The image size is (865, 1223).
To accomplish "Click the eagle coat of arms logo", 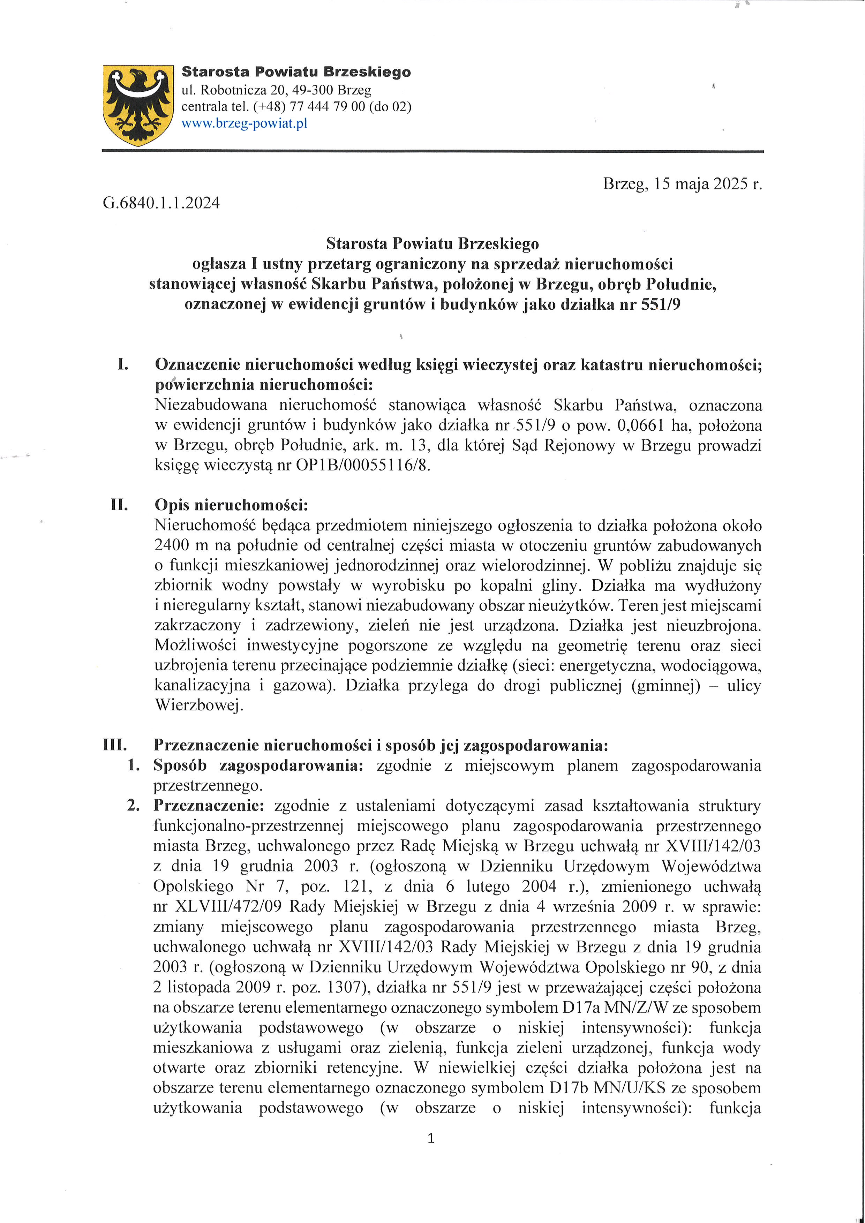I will click(138, 105).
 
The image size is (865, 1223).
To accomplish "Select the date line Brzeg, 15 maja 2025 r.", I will click(682, 184).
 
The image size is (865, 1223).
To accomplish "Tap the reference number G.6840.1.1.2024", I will click(161, 203).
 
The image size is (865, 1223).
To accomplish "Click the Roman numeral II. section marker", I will click(119, 504).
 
